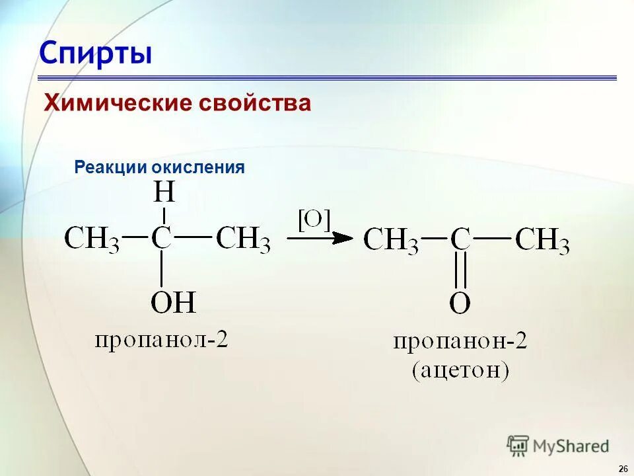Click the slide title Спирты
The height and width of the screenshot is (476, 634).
click(x=95, y=53)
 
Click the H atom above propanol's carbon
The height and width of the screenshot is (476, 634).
click(x=164, y=192)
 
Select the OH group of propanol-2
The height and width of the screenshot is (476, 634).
click(x=174, y=303)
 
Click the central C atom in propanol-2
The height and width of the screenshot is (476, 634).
click(x=162, y=238)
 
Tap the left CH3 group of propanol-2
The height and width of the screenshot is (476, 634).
click(x=92, y=239)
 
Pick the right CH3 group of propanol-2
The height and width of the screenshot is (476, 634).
click(x=243, y=239)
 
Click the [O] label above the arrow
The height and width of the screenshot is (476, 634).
click(x=314, y=219)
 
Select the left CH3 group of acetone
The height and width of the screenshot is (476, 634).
click(x=391, y=241)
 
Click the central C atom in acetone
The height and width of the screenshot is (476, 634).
click(x=460, y=239)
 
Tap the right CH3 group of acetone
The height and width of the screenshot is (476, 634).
click(x=542, y=241)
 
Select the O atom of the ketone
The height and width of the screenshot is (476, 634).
click(x=460, y=303)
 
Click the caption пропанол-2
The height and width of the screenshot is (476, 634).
click(x=161, y=341)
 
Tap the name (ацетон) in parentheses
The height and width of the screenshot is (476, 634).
click(x=460, y=370)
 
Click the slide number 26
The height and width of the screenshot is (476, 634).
click(x=623, y=468)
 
